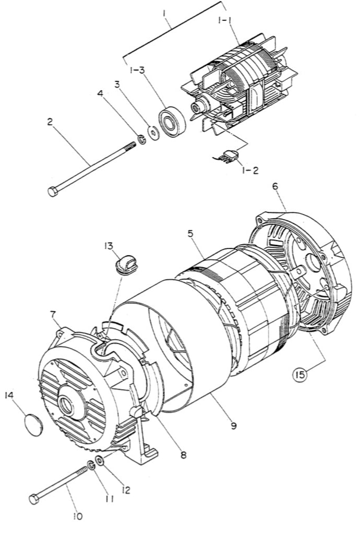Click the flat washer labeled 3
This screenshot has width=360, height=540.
[x=153, y=131]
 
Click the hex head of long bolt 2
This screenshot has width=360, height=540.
[x=53, y=191]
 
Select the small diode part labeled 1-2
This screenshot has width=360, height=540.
[x=229, y=155]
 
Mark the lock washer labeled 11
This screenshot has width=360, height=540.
[x=91, y=465]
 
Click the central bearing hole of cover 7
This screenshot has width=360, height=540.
[x=67, y=404]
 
